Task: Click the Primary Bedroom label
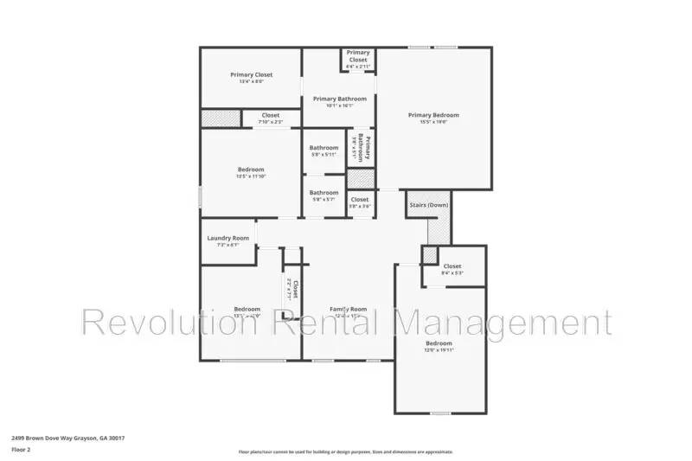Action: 433,115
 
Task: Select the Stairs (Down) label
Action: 428,205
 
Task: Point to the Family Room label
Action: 349,309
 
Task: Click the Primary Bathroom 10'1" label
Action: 339,99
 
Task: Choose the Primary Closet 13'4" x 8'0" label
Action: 251,75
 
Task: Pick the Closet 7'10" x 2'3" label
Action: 271,115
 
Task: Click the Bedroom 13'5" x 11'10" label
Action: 251,170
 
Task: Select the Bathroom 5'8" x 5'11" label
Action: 324,148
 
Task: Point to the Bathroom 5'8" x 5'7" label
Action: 324,193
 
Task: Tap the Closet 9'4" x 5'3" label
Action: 452,266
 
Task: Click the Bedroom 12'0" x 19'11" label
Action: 438,344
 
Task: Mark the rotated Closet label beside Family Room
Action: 293,289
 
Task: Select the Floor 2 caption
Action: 21,451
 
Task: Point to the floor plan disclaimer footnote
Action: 345,451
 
